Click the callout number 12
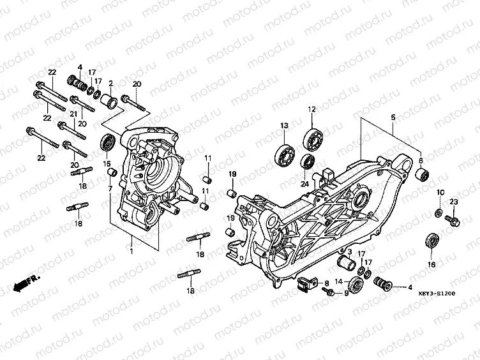(312, 110)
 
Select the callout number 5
(393, 117)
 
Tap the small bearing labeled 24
(308, 160)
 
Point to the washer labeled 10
(439, 211)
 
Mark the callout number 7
(110, 189)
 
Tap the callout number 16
(431, 264)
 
